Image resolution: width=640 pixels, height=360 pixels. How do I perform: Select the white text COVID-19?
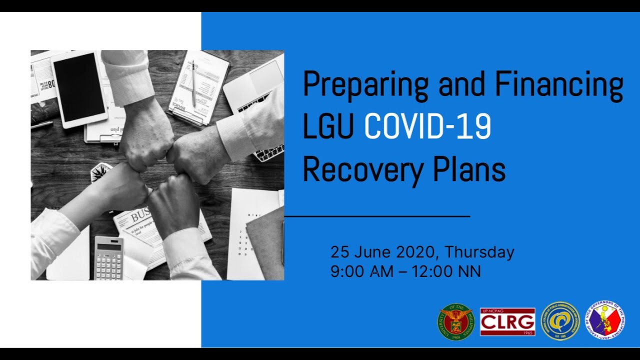(427, 127)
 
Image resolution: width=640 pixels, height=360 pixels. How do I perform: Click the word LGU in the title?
(328, 127)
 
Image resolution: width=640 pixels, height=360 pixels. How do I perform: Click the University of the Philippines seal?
(455, 322)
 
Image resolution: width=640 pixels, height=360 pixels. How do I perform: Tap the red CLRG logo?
(507, 321)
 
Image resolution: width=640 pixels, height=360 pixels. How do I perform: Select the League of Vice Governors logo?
(605, 320)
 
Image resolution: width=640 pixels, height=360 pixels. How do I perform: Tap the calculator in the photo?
(108, 258)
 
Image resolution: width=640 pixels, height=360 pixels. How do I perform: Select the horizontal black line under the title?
(377, 216)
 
